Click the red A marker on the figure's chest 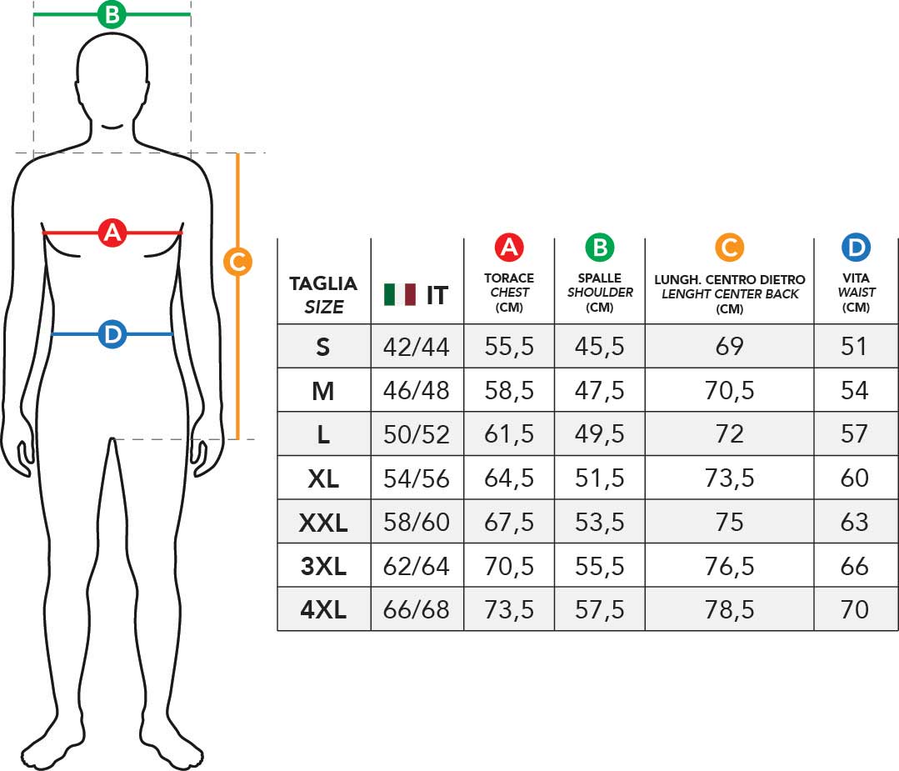point(112,233)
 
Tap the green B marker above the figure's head point(112,14)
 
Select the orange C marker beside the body point(237,262)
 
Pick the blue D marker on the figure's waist point(112,334)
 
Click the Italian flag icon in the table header point(400,295)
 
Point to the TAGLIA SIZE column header point(323,295)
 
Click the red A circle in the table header point(509,248)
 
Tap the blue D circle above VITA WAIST point(856,248)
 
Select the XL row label point(323,478)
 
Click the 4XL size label point(323,609)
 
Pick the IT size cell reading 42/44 point(417,347)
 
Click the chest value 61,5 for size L point(509,434)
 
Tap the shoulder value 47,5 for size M point(600,391)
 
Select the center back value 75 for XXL point(729,522)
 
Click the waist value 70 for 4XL point(855,609)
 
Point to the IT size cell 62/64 point(417,566)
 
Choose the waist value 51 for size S point(854,347)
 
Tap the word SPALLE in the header point(600,278)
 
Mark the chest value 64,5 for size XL point(509,478)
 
